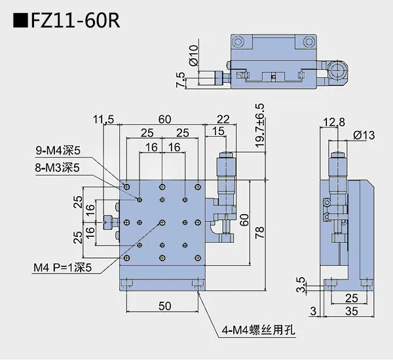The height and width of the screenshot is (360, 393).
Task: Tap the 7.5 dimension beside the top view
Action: [x=181, y=79]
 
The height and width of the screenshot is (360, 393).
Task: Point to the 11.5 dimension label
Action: [x=104, y=119]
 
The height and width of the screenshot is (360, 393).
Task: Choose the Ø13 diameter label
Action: [x=364, y=135]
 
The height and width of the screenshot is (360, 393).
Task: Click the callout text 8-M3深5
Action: [x=58, y=168]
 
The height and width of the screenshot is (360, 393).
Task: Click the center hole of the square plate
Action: [x=162, y=222]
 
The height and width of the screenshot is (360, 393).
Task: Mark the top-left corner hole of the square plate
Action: [x=126, y=187]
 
